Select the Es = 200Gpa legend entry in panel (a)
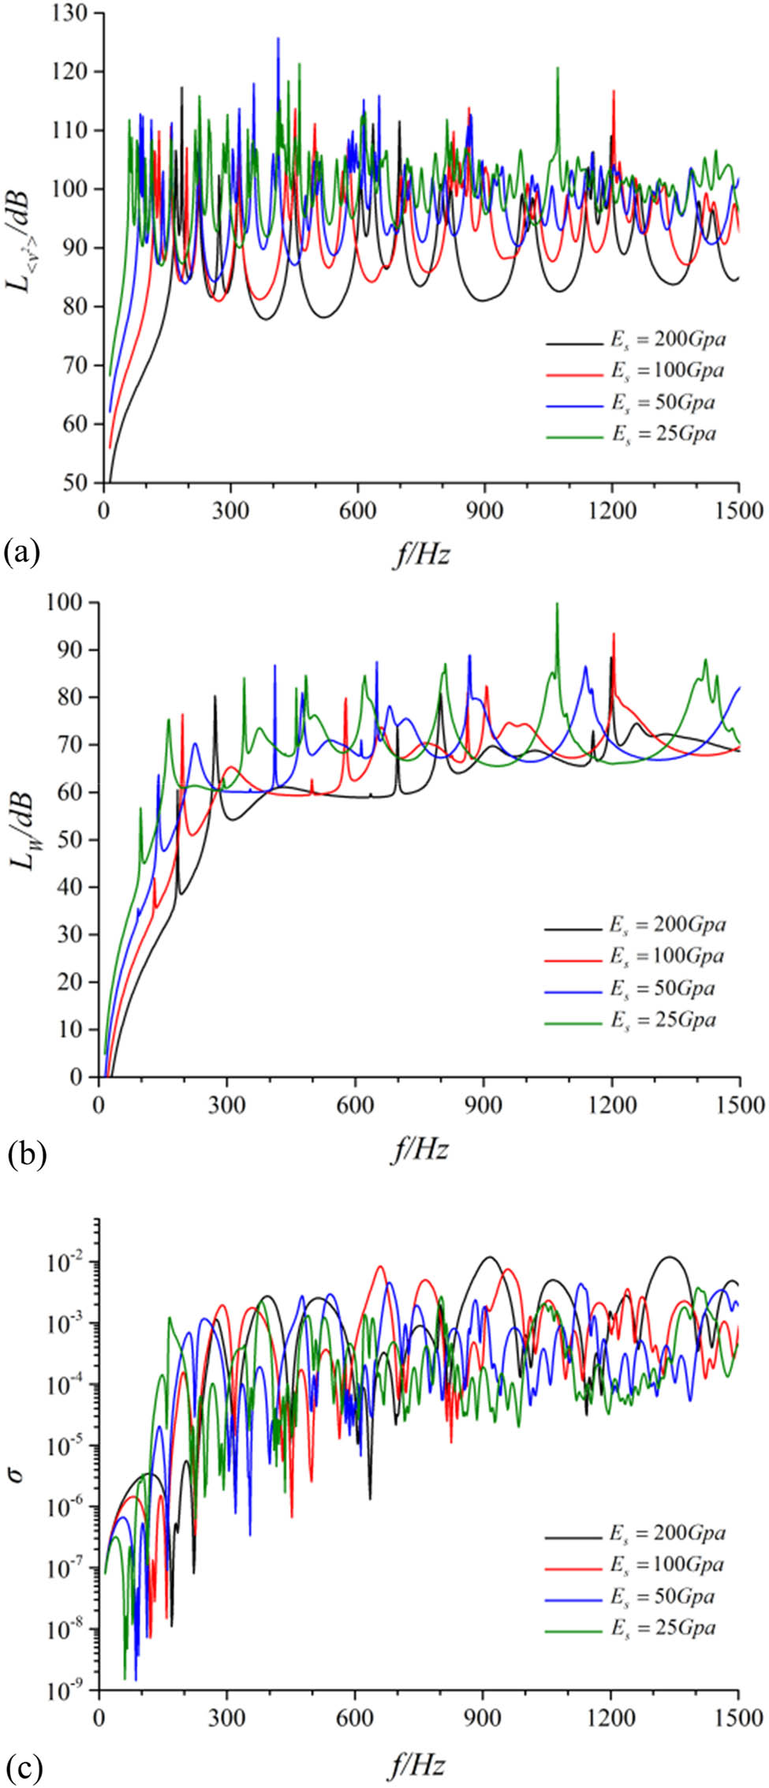(x=667, y=340)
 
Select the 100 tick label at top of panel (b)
(x=73, y=602)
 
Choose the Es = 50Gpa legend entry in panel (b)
(x=663, y=989)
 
